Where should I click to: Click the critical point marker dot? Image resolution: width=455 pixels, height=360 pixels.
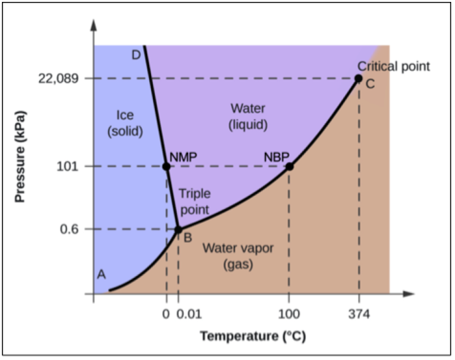358,78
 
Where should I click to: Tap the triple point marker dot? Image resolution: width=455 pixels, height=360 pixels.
178,229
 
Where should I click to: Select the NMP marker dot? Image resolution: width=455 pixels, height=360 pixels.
166,167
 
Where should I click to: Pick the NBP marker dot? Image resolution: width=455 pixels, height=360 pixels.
289,167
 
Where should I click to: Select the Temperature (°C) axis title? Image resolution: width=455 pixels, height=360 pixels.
253,336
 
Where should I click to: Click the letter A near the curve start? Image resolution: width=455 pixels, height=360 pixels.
100,274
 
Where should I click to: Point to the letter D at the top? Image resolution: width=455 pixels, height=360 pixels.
136,55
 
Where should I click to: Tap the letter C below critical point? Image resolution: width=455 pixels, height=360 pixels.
370,84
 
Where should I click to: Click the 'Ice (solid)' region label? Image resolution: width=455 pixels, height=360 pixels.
125,123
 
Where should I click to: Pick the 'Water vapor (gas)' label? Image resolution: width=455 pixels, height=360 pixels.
238,256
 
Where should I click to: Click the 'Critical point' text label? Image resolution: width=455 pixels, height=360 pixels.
394,66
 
